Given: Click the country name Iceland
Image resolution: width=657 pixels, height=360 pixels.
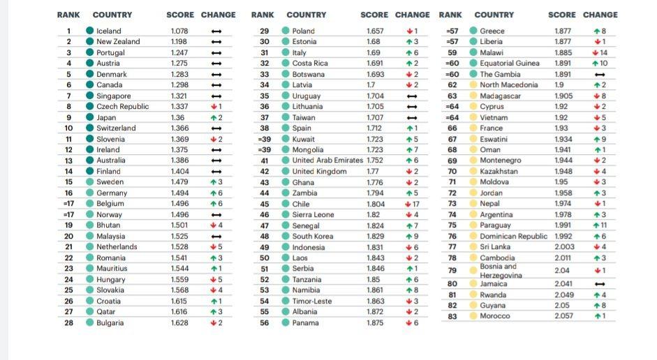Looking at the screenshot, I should pyautogui.click(x=108, y=31).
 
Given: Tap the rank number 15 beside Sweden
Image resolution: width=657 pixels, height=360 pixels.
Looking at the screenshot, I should pyautogui.click(x=68, y=182).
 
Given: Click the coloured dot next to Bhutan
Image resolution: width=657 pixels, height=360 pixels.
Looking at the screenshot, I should pyautogui.click(x=90, y=225).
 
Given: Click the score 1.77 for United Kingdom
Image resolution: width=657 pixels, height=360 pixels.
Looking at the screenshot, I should pyautogui.click(x=374, y=172).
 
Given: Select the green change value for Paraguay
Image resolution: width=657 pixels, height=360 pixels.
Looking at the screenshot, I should pyautogui.click(x=600, y=225).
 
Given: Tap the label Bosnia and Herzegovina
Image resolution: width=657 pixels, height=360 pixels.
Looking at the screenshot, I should pyautogui.click(x=501, y=271).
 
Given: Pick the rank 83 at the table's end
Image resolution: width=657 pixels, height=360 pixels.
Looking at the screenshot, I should pyautogui.click(x=452, y=316).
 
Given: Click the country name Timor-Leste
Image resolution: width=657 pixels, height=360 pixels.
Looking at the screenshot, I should pyautogui.click(x=311, y=301).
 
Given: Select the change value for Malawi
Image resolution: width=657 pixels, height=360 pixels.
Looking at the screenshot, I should pyautogui.click(x=600, y=52).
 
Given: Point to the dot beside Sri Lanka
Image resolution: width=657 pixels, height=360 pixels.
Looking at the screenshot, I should pyautogui.click(x=473, y=247).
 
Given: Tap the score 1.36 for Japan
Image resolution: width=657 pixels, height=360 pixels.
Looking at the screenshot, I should pyautogui.click(x=177, y=118).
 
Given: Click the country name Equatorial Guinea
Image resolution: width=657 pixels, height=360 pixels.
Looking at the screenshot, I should pyautogui.click(x=510, y=63).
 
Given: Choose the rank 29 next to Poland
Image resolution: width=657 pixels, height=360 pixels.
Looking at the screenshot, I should pyautogui.click(x=265, y=31).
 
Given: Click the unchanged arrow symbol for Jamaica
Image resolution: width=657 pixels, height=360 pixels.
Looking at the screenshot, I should pyautogui.click(x=600, y=284).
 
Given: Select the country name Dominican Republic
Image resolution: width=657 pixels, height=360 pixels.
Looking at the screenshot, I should pyautogui.click(x=513, y=237).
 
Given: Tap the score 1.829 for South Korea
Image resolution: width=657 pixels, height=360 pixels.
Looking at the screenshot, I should pyautogui.click(x=375, y=237).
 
